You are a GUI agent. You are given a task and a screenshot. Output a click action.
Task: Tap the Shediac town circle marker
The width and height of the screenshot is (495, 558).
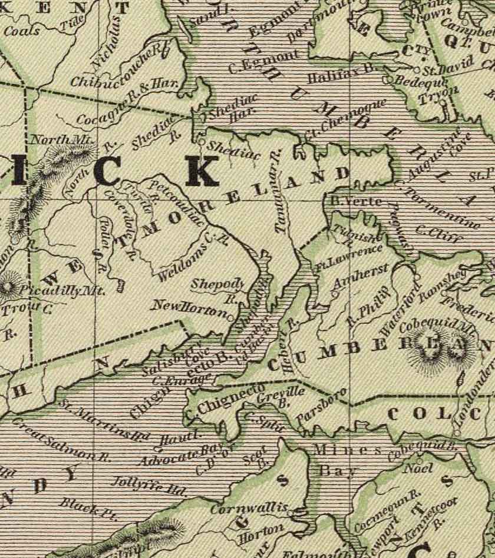point(202,142)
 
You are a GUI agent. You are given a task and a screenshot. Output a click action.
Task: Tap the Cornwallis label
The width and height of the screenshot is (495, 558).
point(250,507)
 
